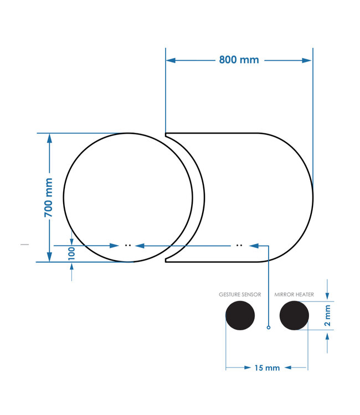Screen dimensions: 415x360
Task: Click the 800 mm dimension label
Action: coord(239,60)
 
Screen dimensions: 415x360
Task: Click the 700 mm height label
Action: coord(49,197)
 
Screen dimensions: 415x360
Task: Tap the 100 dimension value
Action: coord(71,253)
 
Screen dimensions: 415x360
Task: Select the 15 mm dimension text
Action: coord(267,367)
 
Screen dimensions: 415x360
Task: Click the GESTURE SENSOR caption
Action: coord(240,295)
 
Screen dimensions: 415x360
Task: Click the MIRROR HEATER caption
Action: coord(294,295)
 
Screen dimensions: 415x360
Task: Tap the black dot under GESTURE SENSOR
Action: coord(240,317)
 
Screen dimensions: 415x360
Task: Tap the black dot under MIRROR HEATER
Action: coord(294,317)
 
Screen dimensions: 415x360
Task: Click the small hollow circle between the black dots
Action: coord(269,328)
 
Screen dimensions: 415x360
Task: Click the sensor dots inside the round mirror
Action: coord(127,245)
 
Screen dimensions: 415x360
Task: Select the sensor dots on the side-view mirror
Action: coord(239,245)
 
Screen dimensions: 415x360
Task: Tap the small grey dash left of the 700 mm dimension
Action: coord(24,243)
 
